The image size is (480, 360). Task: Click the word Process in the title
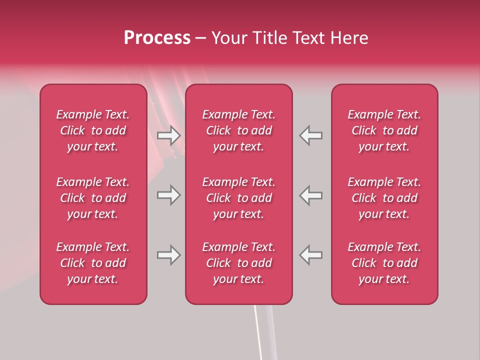157,38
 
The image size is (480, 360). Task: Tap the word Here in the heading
349,38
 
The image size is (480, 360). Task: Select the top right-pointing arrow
168,135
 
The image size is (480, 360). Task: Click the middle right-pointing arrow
168,195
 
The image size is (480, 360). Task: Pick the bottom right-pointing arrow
168,255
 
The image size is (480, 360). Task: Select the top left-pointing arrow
311,135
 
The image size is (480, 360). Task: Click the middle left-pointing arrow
311,195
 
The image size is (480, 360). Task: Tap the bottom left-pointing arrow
311,255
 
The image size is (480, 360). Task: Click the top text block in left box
93,130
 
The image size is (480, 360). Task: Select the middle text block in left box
93,198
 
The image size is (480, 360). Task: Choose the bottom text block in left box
93,263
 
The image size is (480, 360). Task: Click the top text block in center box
238,130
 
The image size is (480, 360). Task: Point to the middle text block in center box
238,198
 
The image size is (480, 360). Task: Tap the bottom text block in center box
238,263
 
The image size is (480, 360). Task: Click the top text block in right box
384,130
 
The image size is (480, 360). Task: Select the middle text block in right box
384,198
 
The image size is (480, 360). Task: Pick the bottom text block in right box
384,263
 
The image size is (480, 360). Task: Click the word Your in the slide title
229,38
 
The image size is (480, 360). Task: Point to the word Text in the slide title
310,38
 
